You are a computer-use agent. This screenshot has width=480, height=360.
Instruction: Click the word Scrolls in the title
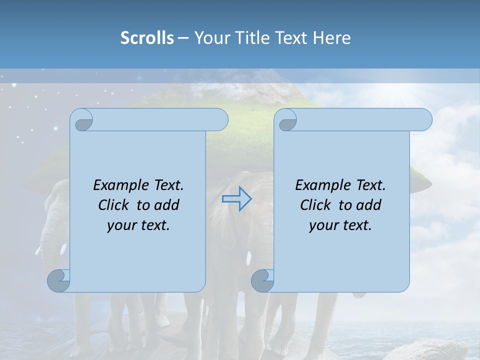(147, 37)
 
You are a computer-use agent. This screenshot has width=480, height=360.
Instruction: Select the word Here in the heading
(331, 37)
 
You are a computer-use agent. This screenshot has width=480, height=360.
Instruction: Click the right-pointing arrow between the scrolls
(236, 198)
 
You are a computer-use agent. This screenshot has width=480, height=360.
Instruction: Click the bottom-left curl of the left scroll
(59, 280)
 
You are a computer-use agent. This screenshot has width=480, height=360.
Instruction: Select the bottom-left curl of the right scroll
(263, 280)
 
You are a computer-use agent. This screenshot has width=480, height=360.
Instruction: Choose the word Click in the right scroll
(315, 205)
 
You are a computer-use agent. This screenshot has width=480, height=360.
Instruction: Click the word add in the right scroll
(369, 205)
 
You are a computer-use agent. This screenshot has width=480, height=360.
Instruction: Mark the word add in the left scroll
(167, 205)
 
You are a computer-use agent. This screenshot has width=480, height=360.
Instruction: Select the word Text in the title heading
(291, 37)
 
